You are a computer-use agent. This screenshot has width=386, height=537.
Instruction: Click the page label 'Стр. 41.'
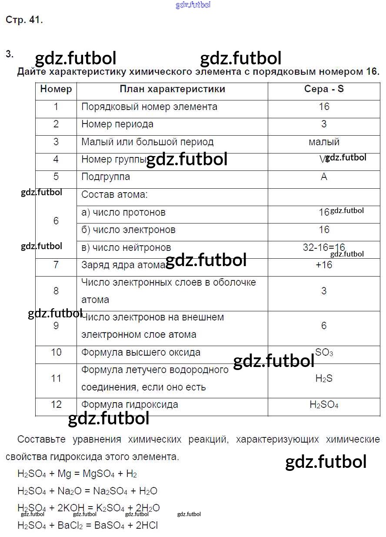tap(24, 20)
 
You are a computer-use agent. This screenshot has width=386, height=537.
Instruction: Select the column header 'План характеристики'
tap(172, 89)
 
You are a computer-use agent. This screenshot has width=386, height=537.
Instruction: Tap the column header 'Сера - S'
tap(324, 89)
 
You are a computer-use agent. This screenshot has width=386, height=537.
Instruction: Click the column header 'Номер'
tap(56, 89)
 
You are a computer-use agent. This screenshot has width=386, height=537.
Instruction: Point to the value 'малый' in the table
tap(324, 142)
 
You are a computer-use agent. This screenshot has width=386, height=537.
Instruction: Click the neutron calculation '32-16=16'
tap(324, 247)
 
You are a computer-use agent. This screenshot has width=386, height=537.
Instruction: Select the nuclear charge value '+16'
tap(324, 265)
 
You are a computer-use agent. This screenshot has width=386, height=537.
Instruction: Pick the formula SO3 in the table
tap(324, 353)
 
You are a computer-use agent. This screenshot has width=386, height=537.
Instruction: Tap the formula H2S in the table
tap(324, 379)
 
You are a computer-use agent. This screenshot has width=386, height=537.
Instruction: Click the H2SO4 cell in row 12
tap(324, 405)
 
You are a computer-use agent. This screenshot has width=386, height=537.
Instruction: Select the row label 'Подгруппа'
tap(106, 177)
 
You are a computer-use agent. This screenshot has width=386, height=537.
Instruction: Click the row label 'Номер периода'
tap(117, 124)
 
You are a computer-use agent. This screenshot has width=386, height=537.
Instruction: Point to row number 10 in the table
tap(56, 352)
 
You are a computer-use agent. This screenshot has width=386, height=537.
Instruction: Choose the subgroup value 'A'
tap(324, 177)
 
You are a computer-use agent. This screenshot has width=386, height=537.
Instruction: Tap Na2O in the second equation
tap(70, 491)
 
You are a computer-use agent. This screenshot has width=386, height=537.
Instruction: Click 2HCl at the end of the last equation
tap(146, 525)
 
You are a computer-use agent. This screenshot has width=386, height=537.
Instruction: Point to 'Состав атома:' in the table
tap(115, 195)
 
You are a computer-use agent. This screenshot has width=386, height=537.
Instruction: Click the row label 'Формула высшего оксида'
tap(141, 353)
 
